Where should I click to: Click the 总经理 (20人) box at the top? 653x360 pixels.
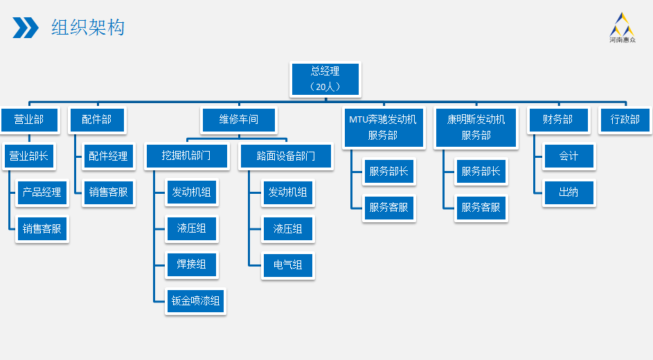click(325, 79)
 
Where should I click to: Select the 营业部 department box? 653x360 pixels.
click(29, 120)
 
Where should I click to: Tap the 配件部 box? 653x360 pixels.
click(96, 120)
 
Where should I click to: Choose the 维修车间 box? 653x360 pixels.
click(239, 120)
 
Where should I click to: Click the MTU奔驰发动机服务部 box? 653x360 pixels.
click(383, 127)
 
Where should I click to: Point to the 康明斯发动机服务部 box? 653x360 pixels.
click(476, 127)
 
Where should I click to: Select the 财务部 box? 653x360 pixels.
click(557, 120)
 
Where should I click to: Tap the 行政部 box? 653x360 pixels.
click(625, 120)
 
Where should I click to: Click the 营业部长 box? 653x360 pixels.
click(29, 156)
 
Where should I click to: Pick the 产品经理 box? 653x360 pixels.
click(42, 192)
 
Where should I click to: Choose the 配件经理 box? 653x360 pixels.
click(108, 156)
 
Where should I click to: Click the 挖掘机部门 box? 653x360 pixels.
click(186, 156)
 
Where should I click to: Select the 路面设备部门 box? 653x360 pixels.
click(285, 156)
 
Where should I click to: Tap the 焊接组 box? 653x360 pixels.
click(192, 264)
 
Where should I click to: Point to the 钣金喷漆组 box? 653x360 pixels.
click(196, 300)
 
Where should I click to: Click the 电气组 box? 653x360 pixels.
click(288, 264)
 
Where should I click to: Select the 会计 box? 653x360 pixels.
click(569, 156)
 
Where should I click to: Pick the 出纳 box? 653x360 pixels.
click(569, 192)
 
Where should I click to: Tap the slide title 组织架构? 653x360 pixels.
click(88, 28)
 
